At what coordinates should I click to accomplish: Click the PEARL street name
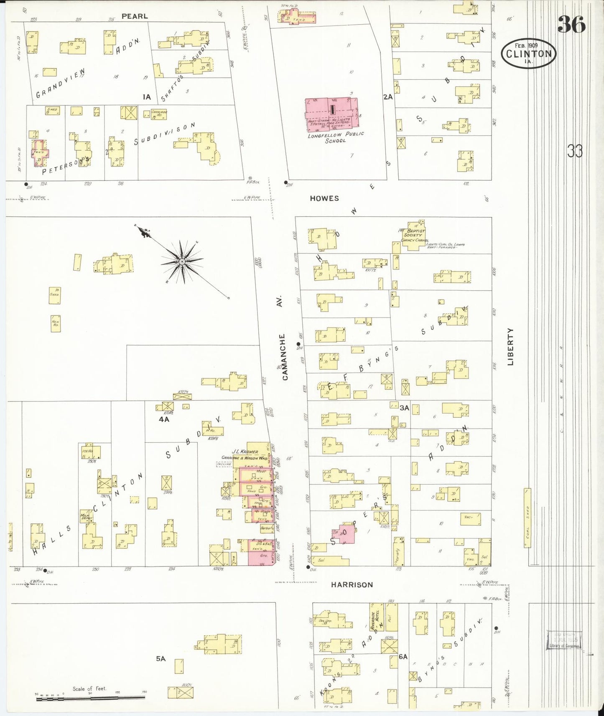coord(134,16)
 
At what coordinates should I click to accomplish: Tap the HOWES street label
coord(324,198)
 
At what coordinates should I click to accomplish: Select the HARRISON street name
coord(352,585)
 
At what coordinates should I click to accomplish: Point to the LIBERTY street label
coord(510,347)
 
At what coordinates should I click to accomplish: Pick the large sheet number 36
coord(571,25)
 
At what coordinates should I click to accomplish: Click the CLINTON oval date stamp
coord(528,53)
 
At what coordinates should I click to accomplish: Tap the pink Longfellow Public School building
coord(332,112)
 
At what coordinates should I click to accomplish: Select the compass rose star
coord(182,262)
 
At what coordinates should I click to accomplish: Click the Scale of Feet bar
coord(90,697)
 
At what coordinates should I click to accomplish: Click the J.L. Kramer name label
coord(245,452)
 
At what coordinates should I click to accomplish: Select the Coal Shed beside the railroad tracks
coord(528,518)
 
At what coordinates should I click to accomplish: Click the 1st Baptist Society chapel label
coord(413,235)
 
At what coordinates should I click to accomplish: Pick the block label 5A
coord(161,659)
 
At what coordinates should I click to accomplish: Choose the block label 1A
coord(147,97)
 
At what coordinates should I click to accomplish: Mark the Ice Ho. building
coord(91,452)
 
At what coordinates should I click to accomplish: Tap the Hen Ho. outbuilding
coord(56,323)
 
